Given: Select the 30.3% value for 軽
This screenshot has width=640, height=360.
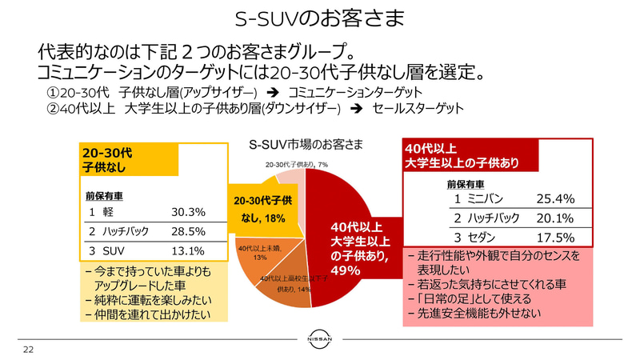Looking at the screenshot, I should pyautogui.click(x=189, y=212).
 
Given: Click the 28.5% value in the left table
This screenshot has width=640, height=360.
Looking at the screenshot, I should pyautogui.click(x=189, y=231).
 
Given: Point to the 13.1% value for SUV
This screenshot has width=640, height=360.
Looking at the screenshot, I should pyautogui.click(x=189, y=250).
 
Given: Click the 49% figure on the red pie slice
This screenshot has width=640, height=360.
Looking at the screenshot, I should pyautogui.click(x=348, y=271).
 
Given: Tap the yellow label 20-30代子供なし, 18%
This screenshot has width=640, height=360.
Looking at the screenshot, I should pyautogui.click(x=263, y=210).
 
